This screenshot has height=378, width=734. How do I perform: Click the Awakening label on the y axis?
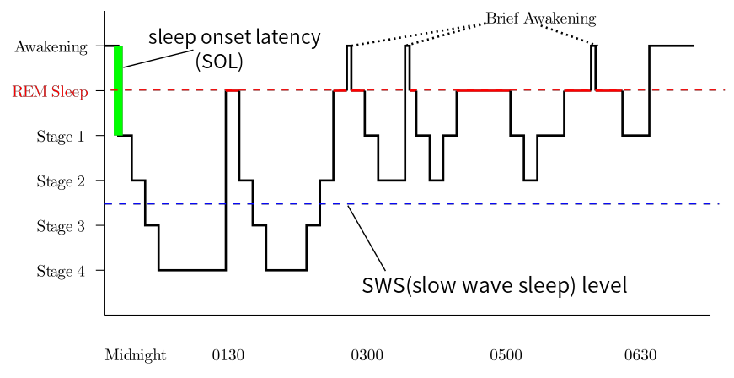point(51,47)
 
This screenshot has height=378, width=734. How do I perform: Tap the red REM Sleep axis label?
point(49,92)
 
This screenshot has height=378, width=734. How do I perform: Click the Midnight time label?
point(135,355)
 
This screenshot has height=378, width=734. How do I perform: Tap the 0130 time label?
point(228,355)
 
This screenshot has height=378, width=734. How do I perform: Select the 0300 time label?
point(367,355)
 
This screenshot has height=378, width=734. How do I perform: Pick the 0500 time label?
point(506,355)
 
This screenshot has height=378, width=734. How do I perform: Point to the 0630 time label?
point(640,355)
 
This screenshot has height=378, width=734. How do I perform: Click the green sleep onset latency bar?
point(119,90)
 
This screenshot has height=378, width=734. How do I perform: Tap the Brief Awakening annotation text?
point(540,19)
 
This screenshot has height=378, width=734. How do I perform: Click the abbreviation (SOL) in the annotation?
point(219,62)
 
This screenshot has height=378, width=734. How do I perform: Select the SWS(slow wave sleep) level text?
point(494,284)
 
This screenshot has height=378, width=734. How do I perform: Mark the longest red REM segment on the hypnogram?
point(483,90)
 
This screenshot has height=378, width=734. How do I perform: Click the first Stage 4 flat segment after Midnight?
point(192,270)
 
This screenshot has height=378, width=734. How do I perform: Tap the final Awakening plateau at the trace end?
point(671,46)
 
